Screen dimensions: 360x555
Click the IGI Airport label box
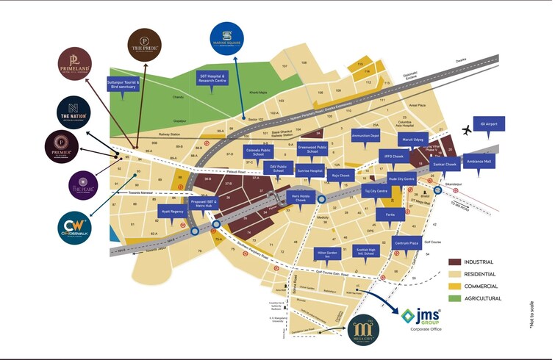[x=490, y=125]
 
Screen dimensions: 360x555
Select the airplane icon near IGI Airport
[x=465, y=131]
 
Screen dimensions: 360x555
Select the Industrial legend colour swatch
[x=455, y=262]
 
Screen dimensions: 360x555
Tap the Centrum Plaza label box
[x=406, y=242]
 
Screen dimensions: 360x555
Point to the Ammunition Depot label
[x=365, y=137]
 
